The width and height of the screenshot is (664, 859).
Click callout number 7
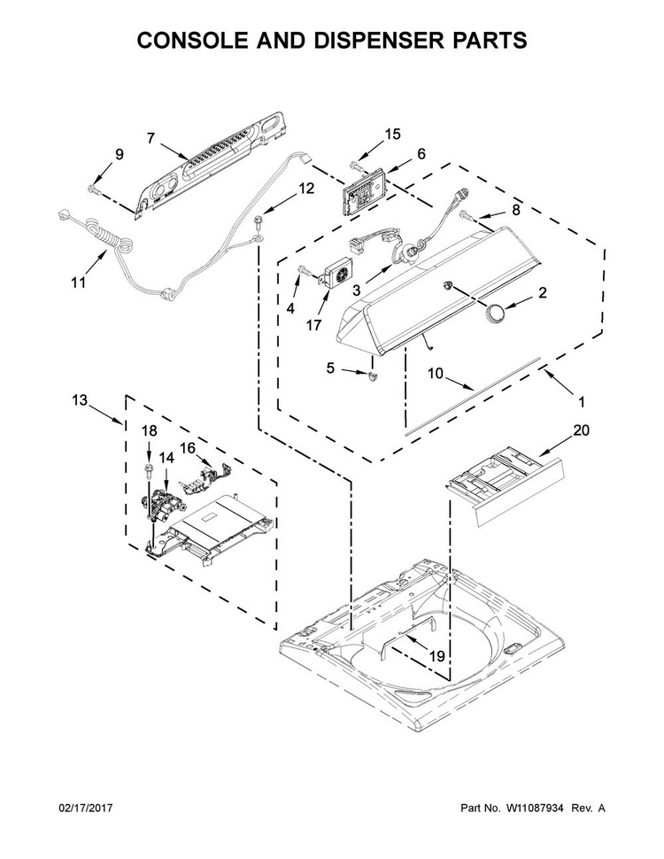coord(151,139)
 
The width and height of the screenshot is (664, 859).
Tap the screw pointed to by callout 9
coord(93,190)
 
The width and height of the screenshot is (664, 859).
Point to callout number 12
coord(306,189)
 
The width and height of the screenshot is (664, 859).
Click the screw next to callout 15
coord(354,165)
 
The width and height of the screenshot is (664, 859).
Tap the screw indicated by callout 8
coord(467,214)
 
